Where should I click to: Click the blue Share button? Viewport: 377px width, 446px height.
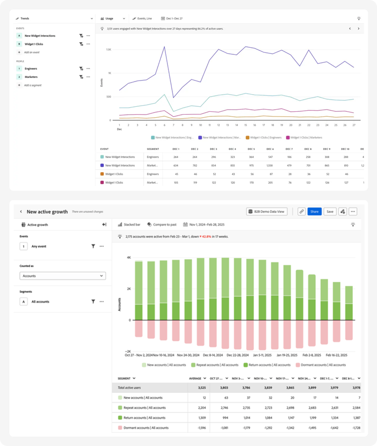[x=315, y=212]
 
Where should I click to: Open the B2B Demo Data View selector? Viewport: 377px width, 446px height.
[x=266, y=212]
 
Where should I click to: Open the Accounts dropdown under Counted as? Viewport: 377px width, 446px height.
[x=63, y=276]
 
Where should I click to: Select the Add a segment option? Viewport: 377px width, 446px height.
[x=33, y=85]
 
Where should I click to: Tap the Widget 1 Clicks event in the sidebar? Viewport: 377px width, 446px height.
[x=34, y=44]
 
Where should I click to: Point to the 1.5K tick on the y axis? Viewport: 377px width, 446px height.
[x=109, y=49]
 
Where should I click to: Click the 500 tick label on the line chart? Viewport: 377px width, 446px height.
[x=109, y=97]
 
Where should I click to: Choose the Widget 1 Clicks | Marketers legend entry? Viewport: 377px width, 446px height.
[x=305, y=137]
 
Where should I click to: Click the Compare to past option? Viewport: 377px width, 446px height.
[x=163, y=225]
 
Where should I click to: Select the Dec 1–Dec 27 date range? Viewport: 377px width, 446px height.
[x=171, y=18]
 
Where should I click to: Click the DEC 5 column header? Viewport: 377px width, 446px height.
[x=251, y=149]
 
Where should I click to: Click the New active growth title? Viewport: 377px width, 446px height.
[x=47, y=212]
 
